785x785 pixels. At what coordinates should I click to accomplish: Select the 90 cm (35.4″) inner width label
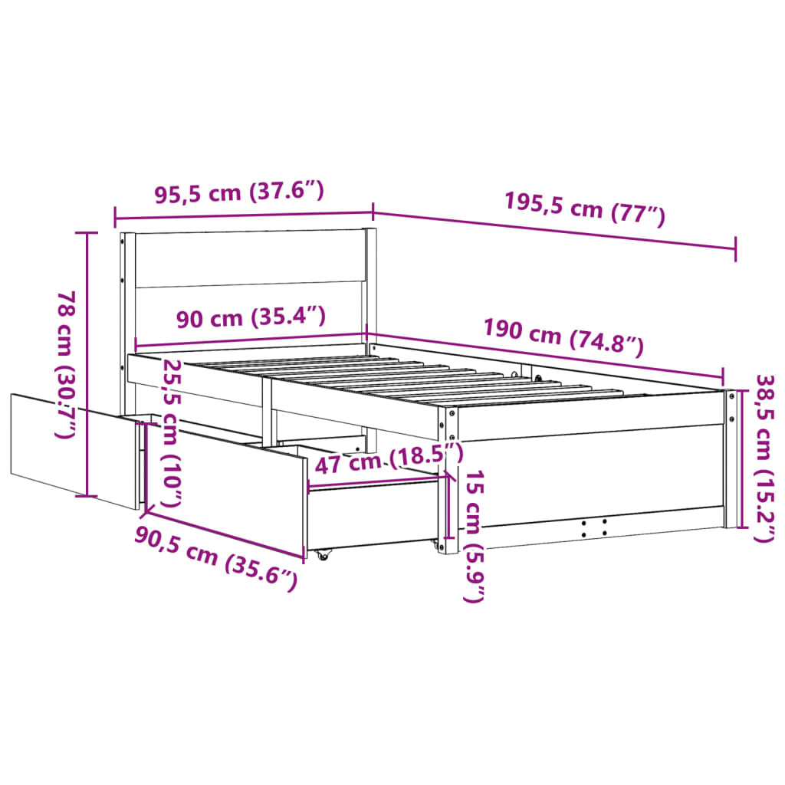click(250, 317)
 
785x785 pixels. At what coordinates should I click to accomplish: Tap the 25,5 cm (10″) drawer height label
click(172, 434)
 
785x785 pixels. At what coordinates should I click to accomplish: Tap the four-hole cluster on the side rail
click(594, 526)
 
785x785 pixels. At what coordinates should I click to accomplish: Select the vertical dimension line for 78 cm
click(87, 364)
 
